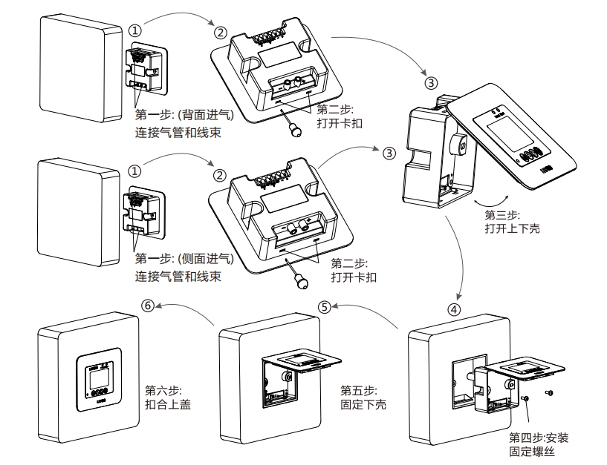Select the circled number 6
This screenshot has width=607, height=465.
(x=149, y=306)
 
